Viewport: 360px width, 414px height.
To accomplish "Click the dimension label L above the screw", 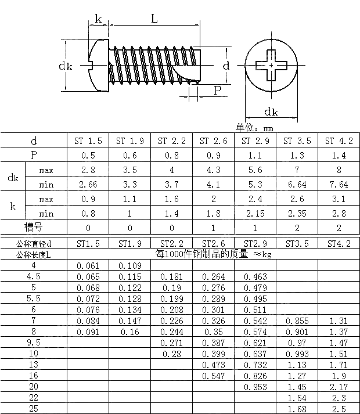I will point(154,19).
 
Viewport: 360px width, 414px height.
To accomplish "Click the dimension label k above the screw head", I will point(98,19).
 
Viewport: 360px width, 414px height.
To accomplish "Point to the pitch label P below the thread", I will point(217,90).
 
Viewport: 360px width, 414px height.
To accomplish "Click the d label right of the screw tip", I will point(226,66).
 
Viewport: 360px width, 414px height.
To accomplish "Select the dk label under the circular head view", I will point(271,112).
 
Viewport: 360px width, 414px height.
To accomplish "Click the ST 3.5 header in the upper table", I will point(297,141).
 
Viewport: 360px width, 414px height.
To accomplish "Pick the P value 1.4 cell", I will point(339,156).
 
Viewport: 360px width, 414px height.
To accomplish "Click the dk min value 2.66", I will point(88,185).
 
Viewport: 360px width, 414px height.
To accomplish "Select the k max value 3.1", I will point(339,199).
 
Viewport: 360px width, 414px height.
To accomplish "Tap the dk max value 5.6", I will point(255,170).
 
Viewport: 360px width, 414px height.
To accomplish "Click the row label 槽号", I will point(34,227).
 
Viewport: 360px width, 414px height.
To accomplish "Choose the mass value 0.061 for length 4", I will point(88,265).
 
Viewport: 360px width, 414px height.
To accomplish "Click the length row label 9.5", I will point(34,343).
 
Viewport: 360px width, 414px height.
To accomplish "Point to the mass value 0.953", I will point(255,387).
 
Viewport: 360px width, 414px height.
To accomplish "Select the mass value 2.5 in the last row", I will point(339,409).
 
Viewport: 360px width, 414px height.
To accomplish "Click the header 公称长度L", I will point(34,254).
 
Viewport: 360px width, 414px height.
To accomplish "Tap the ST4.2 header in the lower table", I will point(339,243).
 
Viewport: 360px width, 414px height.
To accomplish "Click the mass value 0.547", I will point(213,376).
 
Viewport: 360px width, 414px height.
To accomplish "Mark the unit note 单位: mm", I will point(254,128).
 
